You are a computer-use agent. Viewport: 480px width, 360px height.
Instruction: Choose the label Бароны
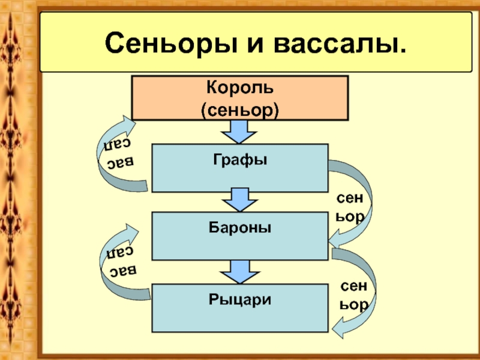(x=240, y=228)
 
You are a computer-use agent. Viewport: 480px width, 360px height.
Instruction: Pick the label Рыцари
(x=240, y=298)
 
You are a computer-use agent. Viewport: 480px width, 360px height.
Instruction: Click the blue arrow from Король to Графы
(x=240, y=131)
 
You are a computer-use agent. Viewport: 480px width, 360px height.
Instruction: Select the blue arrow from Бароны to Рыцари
(x=240, y=272)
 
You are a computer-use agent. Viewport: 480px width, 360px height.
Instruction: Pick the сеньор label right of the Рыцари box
(x=353, y=295)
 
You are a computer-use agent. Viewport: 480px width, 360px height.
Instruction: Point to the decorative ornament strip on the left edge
(x=13, y=180)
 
